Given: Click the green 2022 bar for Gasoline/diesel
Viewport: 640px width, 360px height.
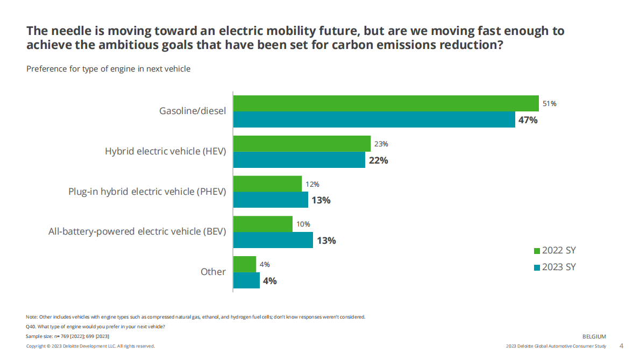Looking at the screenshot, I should coord(386,103).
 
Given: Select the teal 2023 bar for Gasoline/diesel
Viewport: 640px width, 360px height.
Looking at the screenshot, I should coord(374,119).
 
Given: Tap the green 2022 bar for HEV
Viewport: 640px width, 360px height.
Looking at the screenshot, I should coord(302,144).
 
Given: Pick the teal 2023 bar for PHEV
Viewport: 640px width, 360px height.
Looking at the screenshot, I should coord(271,200).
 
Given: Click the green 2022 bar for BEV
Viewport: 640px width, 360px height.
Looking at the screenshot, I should coord(262,224).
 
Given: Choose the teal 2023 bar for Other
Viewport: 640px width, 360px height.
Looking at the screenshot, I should coord(246,280).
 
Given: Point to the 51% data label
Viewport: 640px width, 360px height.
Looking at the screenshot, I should coord(549,104).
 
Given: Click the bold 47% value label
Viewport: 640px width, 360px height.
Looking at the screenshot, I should coord(528,120).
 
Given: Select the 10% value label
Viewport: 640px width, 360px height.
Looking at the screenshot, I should coord(303,224).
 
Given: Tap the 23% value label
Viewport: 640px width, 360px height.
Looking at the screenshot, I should coord(381,144).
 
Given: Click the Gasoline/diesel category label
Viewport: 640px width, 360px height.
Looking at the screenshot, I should coord(192,111).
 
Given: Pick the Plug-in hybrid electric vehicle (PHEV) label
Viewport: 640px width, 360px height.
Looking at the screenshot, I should coord(147,192).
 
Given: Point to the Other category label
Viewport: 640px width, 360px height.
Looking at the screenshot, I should coord(213,272).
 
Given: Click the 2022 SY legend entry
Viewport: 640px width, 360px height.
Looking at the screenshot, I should coord(554,251).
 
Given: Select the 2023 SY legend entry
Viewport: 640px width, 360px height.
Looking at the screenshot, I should coord(554,267).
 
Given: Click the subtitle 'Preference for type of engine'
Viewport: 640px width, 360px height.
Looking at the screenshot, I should coord(108,69).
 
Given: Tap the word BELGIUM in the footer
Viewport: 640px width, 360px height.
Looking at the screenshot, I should coord(594,336).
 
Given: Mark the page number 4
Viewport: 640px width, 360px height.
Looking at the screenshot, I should coord(622,345).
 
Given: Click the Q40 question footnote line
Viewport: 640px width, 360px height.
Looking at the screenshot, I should coord(96,327).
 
